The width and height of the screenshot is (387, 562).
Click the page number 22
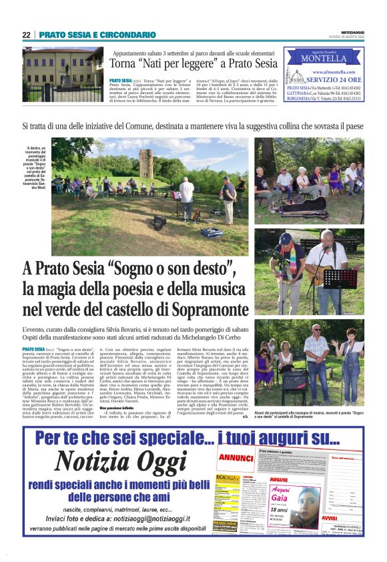[26, 35]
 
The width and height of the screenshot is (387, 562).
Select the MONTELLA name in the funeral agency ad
[324, 58]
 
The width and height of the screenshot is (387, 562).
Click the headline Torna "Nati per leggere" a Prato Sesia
[194, 64]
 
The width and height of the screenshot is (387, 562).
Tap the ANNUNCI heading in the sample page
[235, 458]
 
